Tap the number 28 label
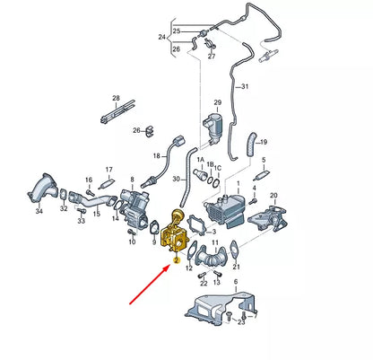click(116, 97)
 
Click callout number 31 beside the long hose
click(270, 85)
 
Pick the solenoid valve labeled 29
click(215, 125)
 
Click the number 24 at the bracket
click(161, 38)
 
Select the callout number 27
click(212, 56)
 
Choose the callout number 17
click(108, 169)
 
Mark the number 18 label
click(156, 156)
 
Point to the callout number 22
click(204, 284)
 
